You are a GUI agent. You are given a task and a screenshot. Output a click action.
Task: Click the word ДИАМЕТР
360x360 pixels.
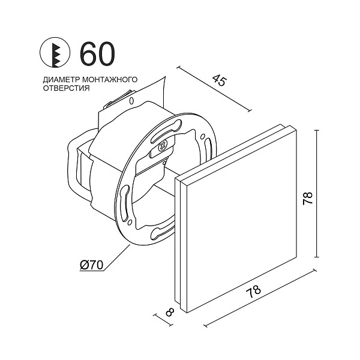click(59, 79)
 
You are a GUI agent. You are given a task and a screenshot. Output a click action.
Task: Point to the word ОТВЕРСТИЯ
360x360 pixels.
click(66, 88)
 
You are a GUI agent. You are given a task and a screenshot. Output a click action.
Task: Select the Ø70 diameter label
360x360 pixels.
click(92, 263)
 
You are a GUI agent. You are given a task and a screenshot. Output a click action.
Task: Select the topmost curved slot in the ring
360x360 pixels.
click(178, 125)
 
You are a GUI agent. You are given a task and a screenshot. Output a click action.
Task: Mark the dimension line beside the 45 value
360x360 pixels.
click(213, 89)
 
